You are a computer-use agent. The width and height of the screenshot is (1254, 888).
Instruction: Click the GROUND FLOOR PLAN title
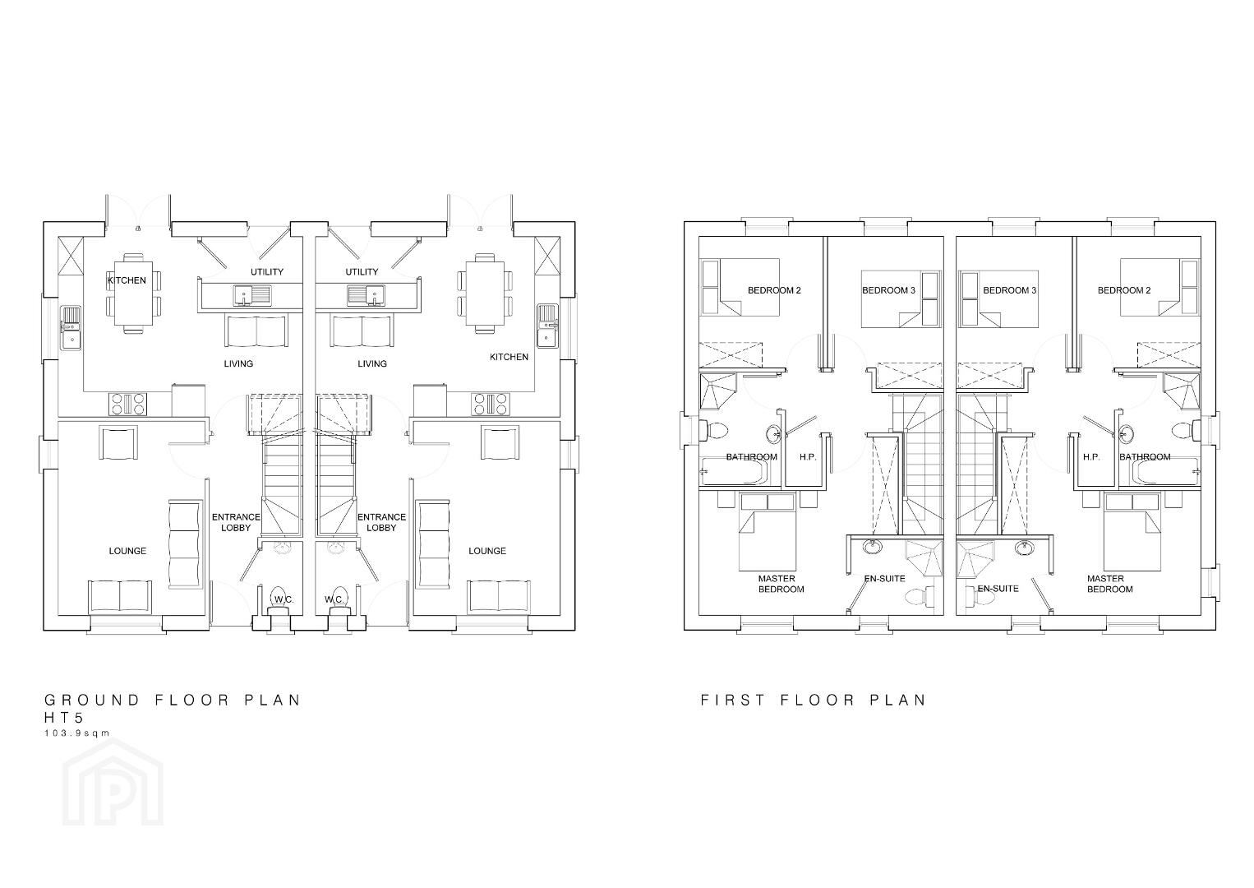[173, 700]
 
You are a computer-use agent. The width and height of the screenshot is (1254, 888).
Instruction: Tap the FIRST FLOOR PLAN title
[814, 700]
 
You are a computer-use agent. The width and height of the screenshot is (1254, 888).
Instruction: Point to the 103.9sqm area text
[77, 733]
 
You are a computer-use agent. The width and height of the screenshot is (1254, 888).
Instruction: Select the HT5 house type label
[64, 718]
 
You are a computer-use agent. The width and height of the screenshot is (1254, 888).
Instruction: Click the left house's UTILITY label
[267, 271]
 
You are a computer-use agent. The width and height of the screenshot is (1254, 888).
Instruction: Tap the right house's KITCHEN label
[509, 357]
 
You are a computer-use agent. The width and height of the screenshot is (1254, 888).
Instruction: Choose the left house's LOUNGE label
[127, 551]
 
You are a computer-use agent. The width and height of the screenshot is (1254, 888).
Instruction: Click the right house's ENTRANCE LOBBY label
[382, 522]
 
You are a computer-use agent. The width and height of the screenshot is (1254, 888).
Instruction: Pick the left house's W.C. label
[284, 599]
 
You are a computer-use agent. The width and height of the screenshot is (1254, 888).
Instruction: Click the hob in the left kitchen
[129, 404]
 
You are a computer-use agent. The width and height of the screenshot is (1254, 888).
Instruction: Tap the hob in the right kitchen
[491, 404]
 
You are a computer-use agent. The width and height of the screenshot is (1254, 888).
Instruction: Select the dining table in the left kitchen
[133, 294]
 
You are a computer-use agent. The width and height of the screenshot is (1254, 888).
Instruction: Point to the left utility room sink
[252, 294]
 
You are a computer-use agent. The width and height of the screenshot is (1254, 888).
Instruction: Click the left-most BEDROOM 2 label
[774, 290]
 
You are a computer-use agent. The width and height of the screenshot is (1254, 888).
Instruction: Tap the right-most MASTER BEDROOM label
[1109, 584]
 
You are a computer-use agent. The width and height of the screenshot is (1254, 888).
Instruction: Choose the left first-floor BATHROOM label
[751, 456]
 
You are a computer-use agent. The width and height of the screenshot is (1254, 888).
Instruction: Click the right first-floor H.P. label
[1091, 456]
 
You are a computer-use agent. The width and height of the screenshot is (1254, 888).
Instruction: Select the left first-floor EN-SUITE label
[884, 578]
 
